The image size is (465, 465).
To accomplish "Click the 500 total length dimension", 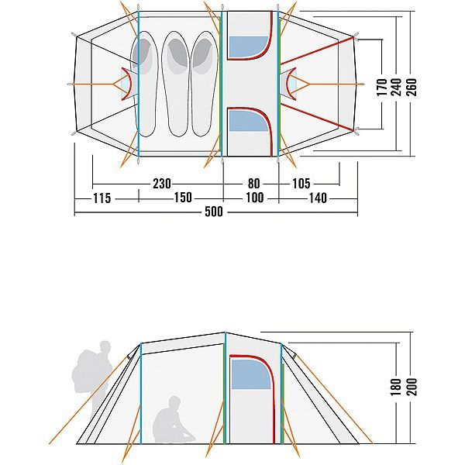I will pos(215,213).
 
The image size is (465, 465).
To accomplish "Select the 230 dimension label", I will pos(162,184).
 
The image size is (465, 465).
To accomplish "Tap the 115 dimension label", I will pos(101,198).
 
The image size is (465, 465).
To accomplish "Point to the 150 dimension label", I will pos(182,198).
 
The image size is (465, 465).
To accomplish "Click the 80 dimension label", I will pos(254,184).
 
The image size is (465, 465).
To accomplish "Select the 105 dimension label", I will pos(301,184).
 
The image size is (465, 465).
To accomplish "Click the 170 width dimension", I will pos(381,86).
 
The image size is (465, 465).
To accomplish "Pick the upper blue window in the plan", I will pos(247,46).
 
